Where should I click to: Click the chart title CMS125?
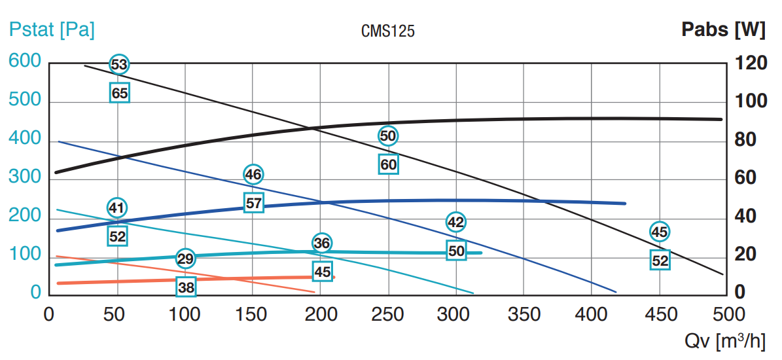[x=388, y=31]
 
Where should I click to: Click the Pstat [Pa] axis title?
[x=52, y=30]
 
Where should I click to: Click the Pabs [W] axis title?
[x=723, y=29]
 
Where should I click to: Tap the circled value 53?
[x=119, y=64]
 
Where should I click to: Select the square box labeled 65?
[x=120, y=93]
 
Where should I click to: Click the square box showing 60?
[x=389, y=164]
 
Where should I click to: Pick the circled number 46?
[x=253, y=174]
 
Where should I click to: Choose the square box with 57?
[x=254, y=203]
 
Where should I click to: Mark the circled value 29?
[x=186, y=259]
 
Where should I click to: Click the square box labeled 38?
[x=186, y=287]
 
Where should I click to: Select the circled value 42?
[x=456, y=222]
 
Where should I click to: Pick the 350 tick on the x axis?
[x=524, y=314]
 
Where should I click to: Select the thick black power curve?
[x=524, y=119]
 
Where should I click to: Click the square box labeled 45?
[x=323, y=272]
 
